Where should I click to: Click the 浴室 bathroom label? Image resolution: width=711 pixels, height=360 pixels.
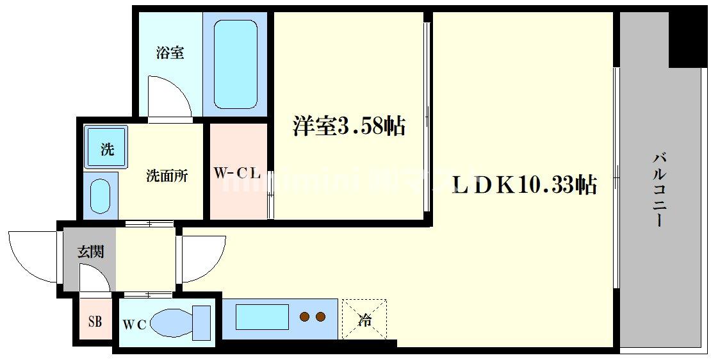tap(170, 53)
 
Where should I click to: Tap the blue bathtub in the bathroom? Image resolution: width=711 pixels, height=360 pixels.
tap(235, 64)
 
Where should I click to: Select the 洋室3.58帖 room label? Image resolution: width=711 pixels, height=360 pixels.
tap(349, 126)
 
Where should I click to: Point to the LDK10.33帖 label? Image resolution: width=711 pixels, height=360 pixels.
tap(525, 184)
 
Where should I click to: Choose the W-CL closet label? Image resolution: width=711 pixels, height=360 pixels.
tap(236, 173)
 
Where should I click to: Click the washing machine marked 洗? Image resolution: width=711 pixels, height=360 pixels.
tap(107, 149)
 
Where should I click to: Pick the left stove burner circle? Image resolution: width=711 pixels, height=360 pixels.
tap(305, 316)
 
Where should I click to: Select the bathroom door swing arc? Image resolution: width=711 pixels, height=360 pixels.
tap(168, 96)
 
